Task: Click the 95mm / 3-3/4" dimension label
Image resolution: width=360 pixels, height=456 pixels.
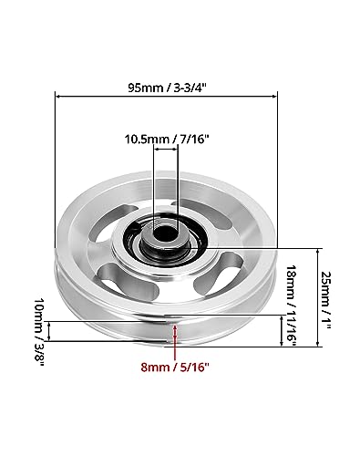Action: click(167, 88)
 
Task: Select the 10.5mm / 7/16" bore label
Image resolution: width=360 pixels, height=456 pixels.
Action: click(167, 140)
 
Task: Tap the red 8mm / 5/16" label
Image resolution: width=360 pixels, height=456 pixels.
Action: click(175, 367)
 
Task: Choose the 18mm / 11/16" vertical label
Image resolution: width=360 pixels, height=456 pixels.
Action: click(292, 306)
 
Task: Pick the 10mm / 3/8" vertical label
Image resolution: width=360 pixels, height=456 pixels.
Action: click(39, 332)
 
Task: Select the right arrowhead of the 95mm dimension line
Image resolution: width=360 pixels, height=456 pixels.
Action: click(274, 97)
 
